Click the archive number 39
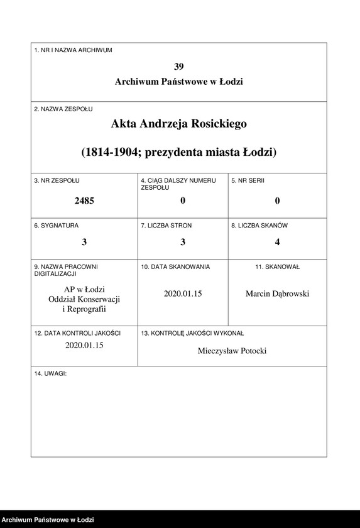point(179,67)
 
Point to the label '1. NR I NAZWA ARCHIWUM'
point(74,50)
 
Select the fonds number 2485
point(84,201)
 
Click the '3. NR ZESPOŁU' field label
point(57,180)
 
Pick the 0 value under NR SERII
point(277,201)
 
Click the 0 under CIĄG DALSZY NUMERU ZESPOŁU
point(183,201)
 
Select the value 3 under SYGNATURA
point(84,242)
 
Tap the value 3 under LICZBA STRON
point(183,242)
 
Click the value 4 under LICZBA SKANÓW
point(277,242)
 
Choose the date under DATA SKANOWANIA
point(183,294)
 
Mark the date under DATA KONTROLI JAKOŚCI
point(84,345)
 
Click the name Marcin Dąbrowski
point(277,294)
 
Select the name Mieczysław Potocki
point(232,351)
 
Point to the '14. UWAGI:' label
point(50,373)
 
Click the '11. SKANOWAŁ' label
point(277,267)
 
